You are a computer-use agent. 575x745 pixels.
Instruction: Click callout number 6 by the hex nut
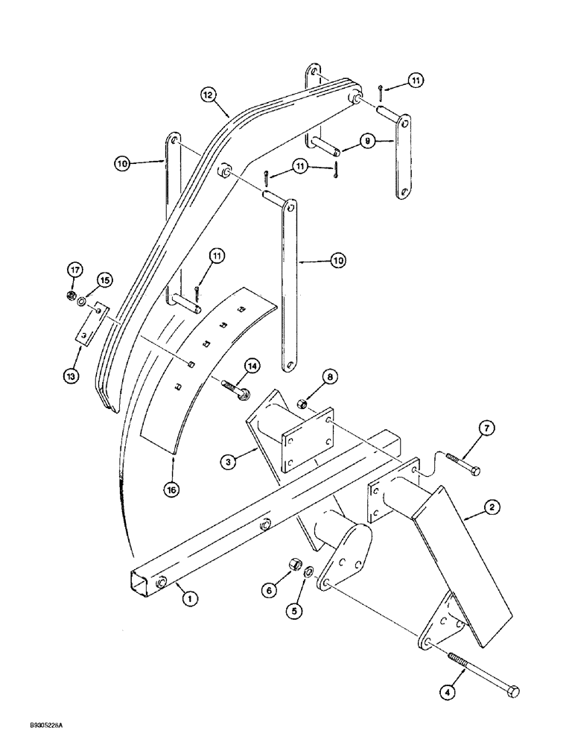click(x=270, y=589)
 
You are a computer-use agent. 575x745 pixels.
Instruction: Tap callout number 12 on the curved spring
click(x=208, y=95)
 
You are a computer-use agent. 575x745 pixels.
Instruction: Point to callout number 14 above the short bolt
click(x=252, y=366)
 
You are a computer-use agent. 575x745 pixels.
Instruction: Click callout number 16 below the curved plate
click(x=173, y=489)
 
